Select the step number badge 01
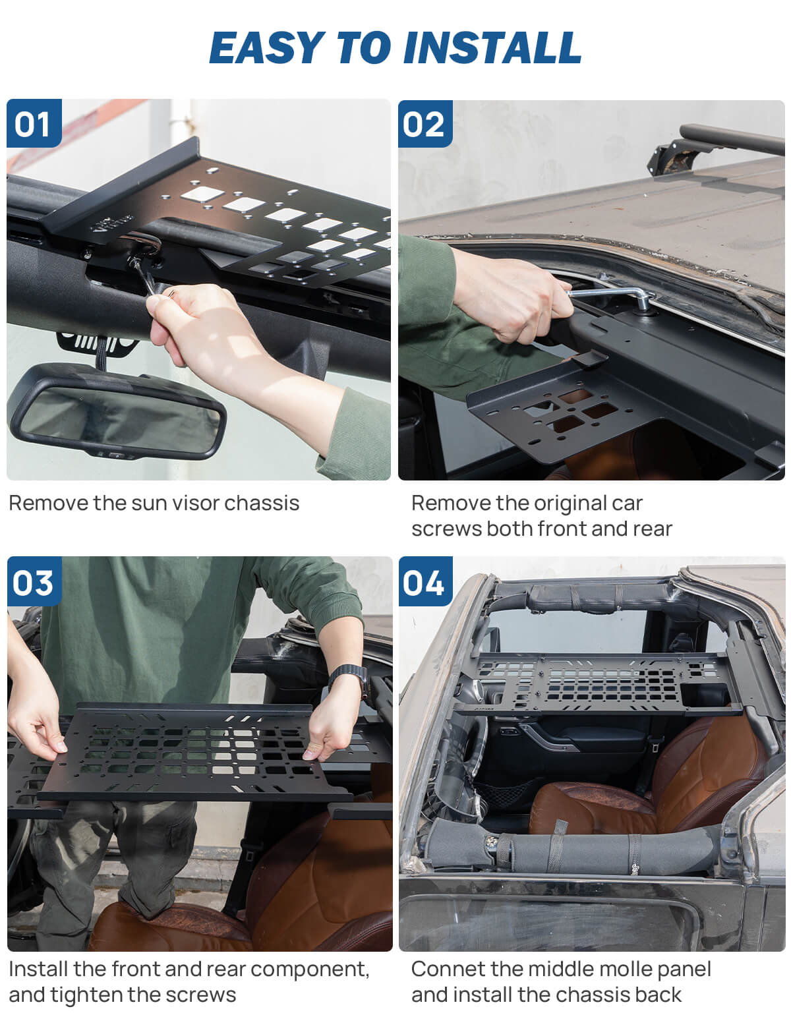tap(34, 124)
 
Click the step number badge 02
tap(425, 124)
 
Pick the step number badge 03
tap(34, 583)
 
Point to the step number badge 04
tap(425, 583)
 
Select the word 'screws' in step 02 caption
tap(446, 529)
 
